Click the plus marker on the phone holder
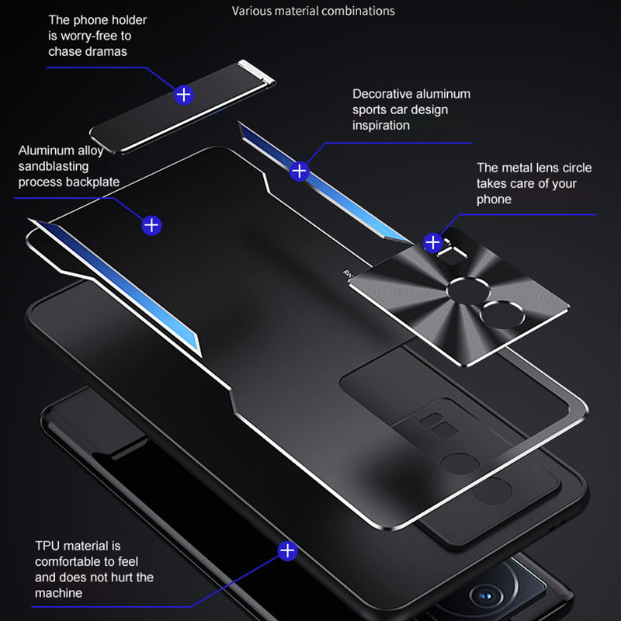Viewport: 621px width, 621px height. coord(183,95)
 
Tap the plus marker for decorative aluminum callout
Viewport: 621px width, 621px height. coord(300,171)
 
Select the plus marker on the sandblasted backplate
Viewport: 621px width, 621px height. coord(151,226)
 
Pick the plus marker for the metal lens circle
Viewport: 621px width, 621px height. coord(433,243)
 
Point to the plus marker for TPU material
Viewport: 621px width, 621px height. coord(288,551)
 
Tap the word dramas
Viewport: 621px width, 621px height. coord(106,51)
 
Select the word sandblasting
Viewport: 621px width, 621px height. coord(54,166)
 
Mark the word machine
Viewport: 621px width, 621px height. coord(59,593)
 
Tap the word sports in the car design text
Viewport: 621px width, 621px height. coord(371,109)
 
